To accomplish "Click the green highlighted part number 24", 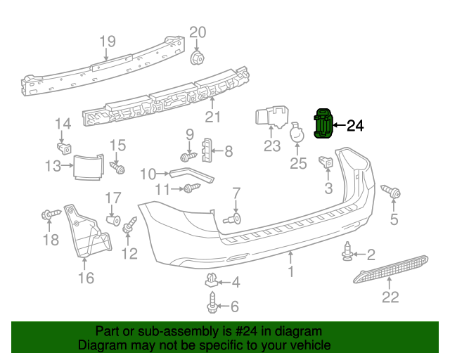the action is [323, 123].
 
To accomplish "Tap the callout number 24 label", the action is [355, 126].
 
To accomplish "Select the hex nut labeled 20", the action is [197, 58].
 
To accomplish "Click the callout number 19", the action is [108, 41].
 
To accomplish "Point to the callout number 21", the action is [213, 117].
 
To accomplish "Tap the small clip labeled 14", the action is [64, 148].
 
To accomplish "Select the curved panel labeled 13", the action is [89, 167].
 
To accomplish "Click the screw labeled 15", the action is [117, 167].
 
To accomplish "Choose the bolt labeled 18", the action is [51, 214].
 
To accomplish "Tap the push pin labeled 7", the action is [233, 219].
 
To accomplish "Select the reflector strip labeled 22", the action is [391, 269].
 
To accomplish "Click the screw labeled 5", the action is [391, 191].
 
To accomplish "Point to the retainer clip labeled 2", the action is [347, 252].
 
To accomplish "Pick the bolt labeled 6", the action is [212, 302].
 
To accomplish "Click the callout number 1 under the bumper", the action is [291, 271].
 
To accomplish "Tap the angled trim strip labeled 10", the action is [192, 175].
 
